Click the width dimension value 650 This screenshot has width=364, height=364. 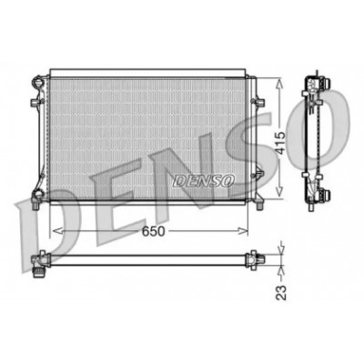pos(154,231)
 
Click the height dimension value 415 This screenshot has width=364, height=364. pos(280,143)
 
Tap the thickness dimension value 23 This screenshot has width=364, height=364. pos(281,292)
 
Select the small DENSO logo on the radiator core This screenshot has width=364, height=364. pos(204,181)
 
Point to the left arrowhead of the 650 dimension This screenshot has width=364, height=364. pos(57,231)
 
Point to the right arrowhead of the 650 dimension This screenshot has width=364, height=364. pos(243,231)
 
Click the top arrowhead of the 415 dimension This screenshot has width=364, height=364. pos(279,84)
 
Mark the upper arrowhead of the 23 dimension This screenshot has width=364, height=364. pos(280,248)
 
